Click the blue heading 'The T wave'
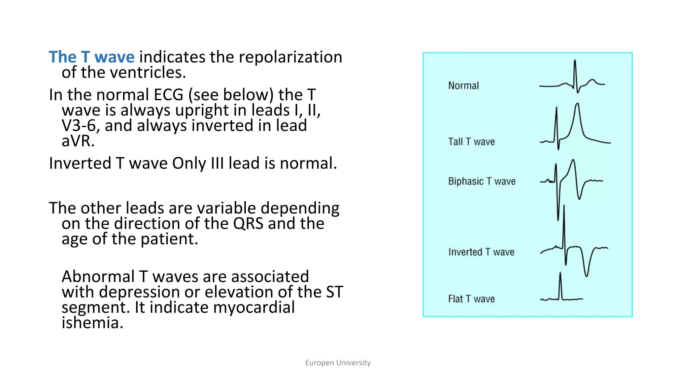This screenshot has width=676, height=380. point(91,57)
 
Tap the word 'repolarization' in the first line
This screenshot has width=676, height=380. point(290,57)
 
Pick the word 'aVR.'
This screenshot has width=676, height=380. point(78,141)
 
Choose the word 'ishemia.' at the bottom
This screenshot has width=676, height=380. point(92,323)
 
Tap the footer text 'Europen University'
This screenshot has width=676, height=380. point(338,363)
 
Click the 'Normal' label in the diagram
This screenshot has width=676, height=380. point(463,86)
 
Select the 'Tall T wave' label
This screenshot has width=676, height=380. point(471,142)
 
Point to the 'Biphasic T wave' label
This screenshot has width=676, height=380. point(482,181)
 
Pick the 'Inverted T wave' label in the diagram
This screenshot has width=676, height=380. point(481,252)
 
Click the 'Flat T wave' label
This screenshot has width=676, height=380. point(471,299)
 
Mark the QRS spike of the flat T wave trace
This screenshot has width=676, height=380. point(560,274)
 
